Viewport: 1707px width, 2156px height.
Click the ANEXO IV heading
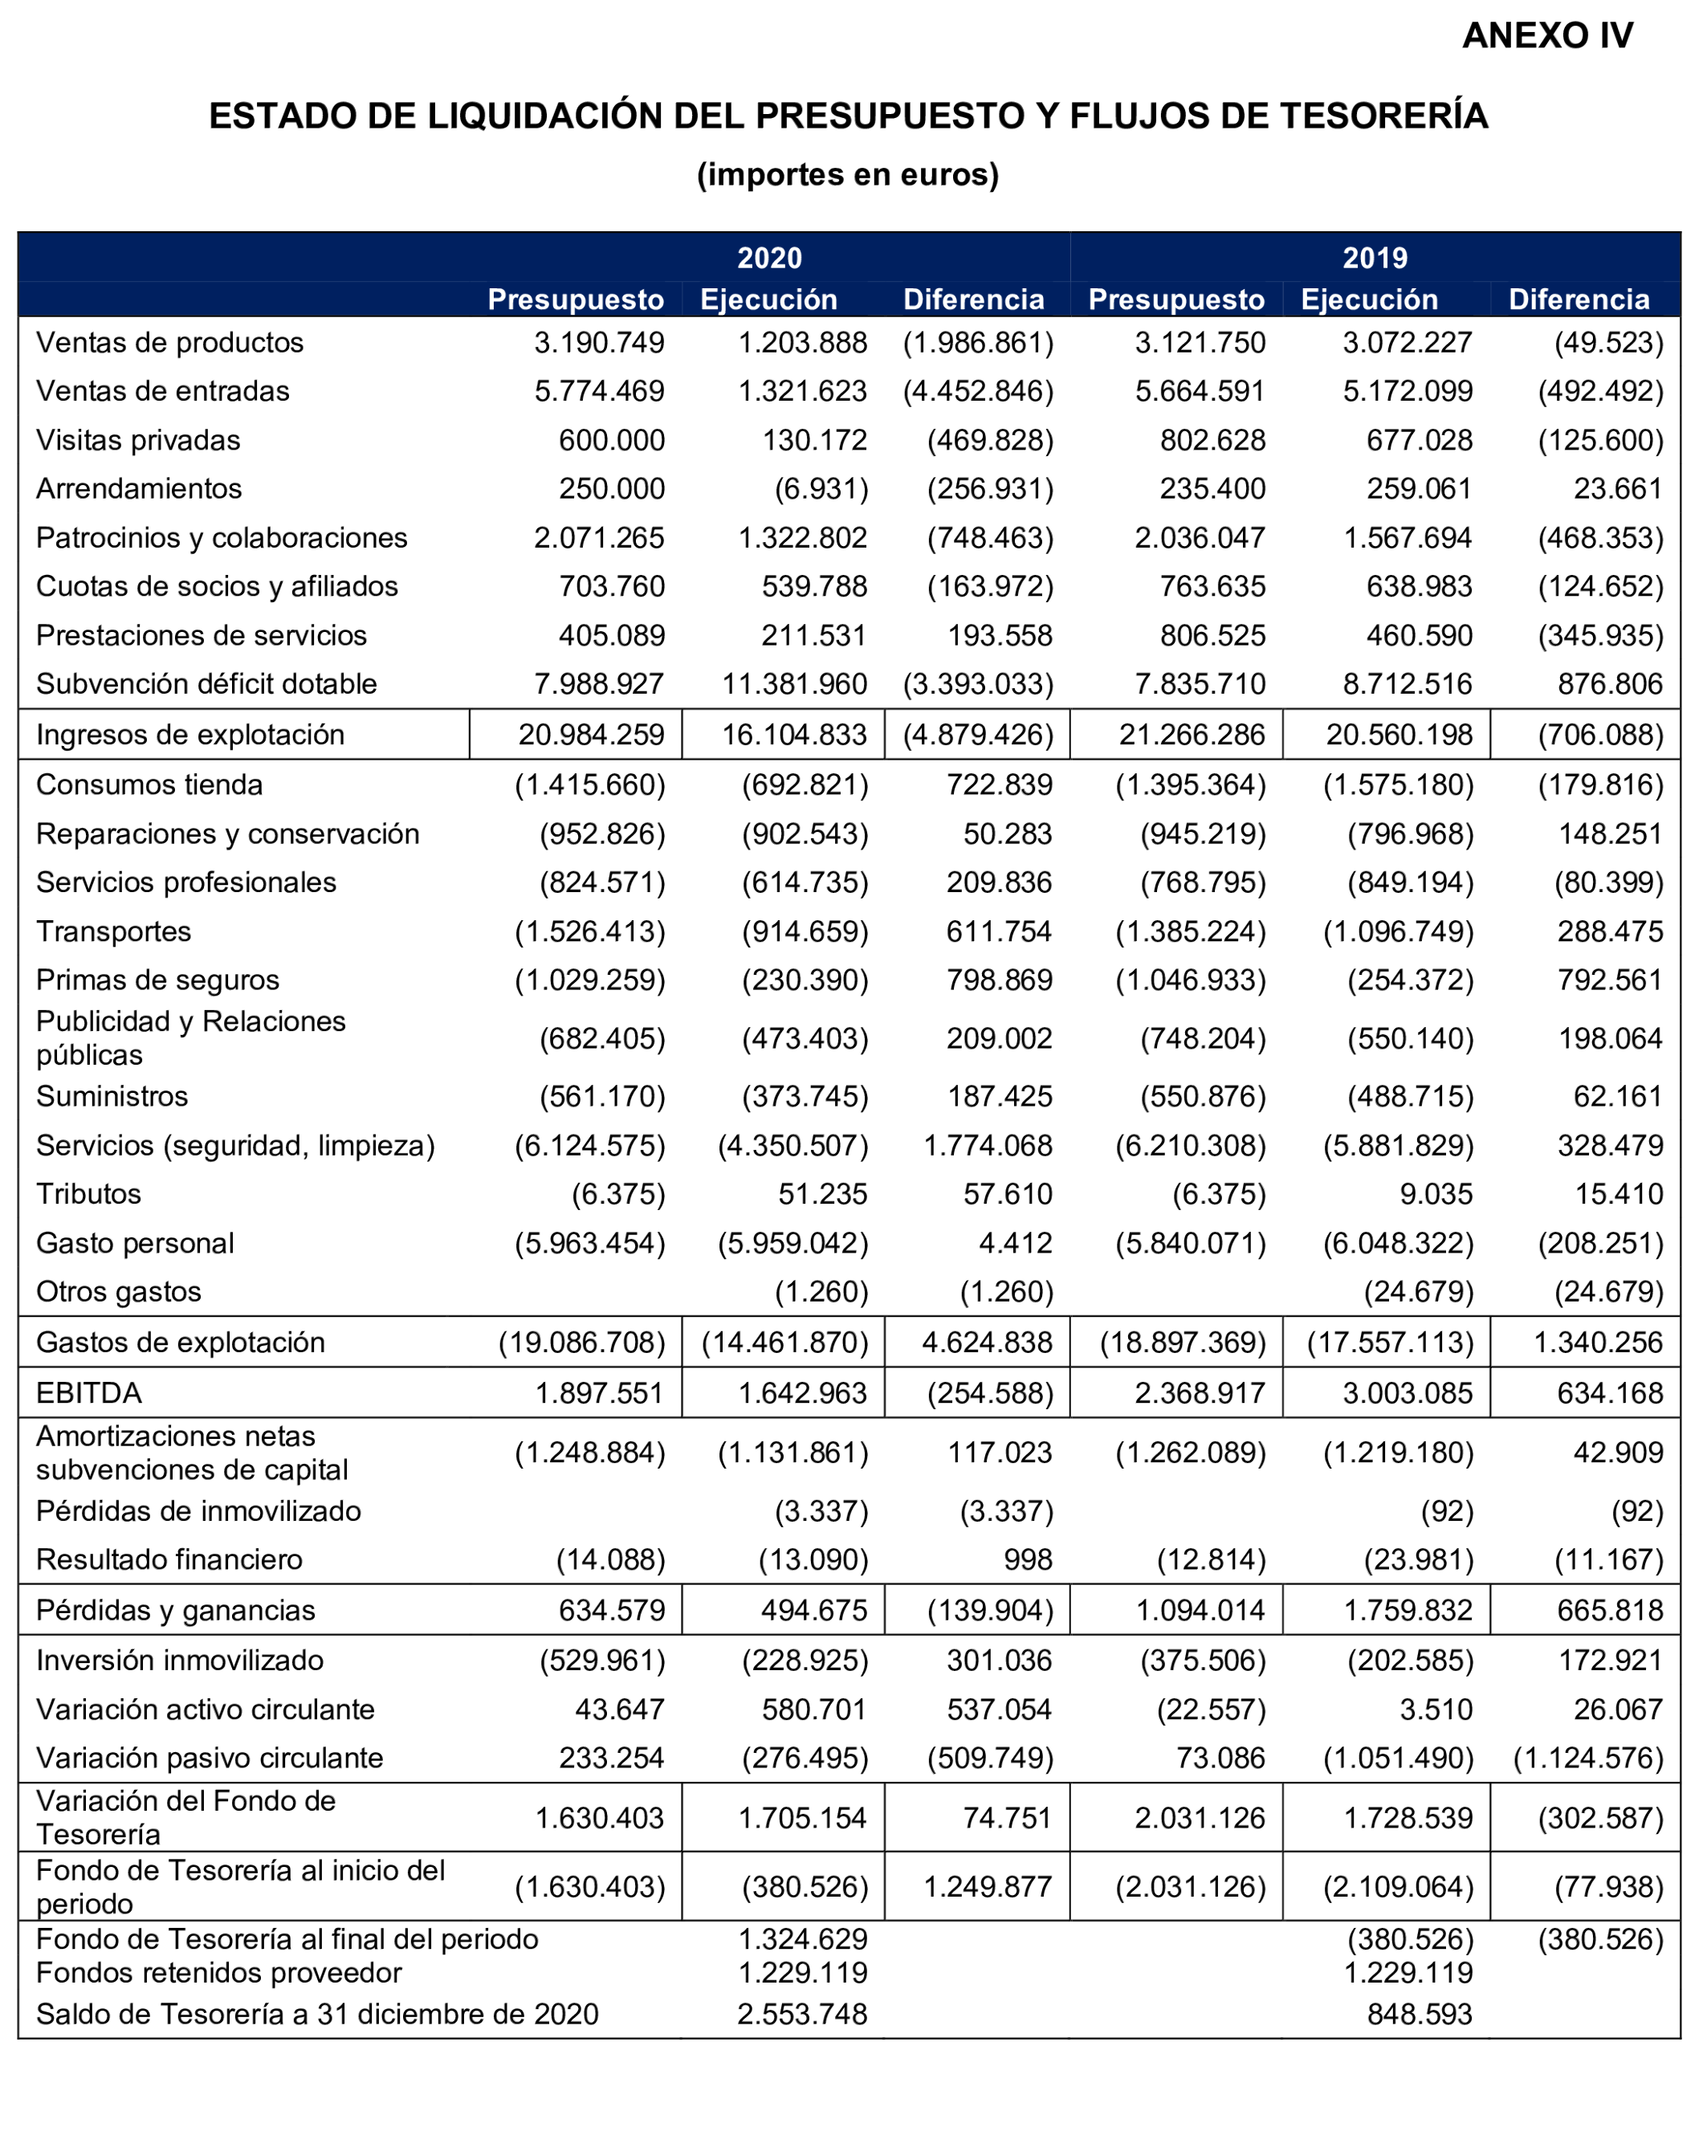tap(1546, 36)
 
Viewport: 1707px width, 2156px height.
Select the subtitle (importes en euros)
tap(848, 174)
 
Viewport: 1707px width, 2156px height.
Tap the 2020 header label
tap(768, 258)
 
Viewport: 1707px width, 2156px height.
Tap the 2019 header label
tap(1375, 258)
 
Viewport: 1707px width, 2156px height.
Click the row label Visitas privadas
tap(138, 440)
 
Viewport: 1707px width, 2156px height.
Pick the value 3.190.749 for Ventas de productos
tap(599, 343)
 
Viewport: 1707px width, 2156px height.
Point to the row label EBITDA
tap(89, 1392)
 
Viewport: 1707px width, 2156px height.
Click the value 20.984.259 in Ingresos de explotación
tap(591, 735)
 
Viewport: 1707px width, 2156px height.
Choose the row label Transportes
tap(113, 931)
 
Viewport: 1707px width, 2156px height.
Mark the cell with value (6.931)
tap(821, 489)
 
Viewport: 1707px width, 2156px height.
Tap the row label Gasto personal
tap(135, 1244)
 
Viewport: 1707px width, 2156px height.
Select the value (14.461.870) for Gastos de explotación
tap(785, 1343)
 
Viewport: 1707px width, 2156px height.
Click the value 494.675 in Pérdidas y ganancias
tap(813, 1610)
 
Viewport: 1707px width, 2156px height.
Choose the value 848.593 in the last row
tap(1420, 2014)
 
